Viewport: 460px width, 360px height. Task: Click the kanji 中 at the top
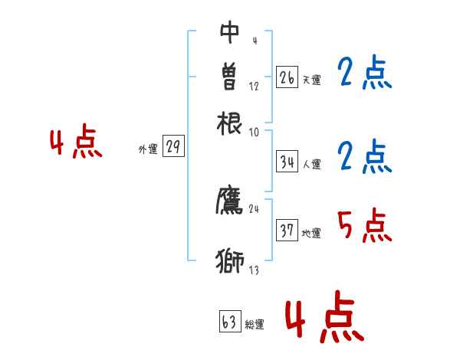tap(230, 31)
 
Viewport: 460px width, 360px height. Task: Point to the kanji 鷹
tap(230, 201)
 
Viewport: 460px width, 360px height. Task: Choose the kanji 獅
tap(230, 260)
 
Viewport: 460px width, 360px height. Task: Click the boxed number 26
tap(287, 77)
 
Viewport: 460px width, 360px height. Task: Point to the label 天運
tap(311, 80)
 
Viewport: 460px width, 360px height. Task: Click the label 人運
tap(312, 164)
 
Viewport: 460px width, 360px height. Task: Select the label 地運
tap(311, 233)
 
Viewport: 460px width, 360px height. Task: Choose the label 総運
tap(254, 325)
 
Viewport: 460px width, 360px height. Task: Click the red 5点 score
tap(364, 226)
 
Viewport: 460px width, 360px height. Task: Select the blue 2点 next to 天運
tap(364, 74)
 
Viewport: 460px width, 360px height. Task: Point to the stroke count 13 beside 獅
tap(254, 270)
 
